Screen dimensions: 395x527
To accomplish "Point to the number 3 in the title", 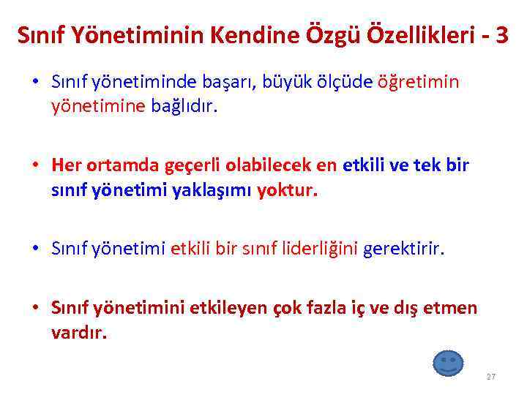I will point(501,35).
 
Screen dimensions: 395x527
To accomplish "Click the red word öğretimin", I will point(418,82).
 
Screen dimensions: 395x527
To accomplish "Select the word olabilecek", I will point(270,165).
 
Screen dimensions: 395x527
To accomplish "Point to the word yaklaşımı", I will point(217,191).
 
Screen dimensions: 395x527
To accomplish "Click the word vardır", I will point(79,333).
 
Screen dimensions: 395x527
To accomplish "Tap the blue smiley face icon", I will point(449,364).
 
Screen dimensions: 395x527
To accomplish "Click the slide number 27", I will point(490,377).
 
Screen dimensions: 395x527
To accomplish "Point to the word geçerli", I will point(197,165).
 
